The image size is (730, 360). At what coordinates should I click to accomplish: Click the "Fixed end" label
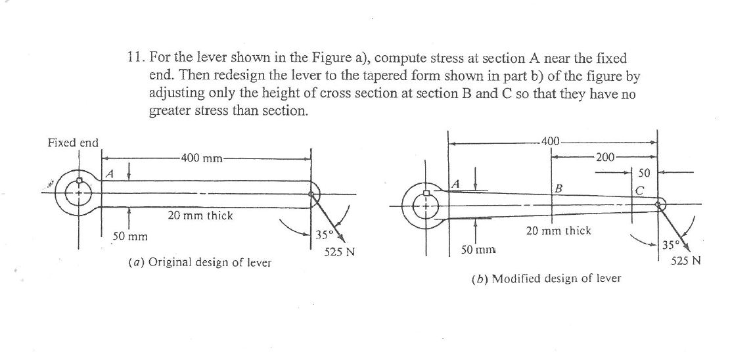(73, 143)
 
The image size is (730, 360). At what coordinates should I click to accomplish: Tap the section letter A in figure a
(110, 174)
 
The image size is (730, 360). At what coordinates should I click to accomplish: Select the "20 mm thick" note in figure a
(200, 215)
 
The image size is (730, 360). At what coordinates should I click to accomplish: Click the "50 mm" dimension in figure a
(129, 235)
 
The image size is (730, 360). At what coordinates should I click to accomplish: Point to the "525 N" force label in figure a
(340, 252)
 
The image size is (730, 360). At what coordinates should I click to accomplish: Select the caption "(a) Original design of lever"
(200, 262)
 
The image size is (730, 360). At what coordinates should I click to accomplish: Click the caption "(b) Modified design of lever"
(546, 279)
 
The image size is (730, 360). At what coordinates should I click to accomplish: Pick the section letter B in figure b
(559, 189)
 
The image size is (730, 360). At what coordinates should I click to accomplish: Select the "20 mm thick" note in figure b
(559, 231)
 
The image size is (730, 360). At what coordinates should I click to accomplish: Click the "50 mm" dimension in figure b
(477, 250)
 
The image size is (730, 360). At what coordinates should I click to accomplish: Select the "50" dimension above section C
(644, 173)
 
